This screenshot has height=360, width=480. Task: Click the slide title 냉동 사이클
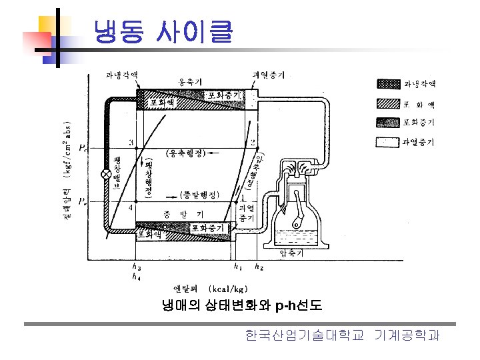(x=163, y=31)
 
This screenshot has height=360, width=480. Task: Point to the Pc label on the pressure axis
(x=81, y=148)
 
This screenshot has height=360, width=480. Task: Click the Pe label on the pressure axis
(x=81, y=201)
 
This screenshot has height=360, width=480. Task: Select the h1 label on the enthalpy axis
(x=238, y=266)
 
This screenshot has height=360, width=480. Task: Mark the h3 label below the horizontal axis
(x=136, y=266)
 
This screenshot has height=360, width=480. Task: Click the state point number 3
(x=131, y=143)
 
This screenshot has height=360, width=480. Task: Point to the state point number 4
(x=131, y=207)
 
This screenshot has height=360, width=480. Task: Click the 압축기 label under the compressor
(x=291, y=253)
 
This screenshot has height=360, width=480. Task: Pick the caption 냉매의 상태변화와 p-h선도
(x=242, y=306)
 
